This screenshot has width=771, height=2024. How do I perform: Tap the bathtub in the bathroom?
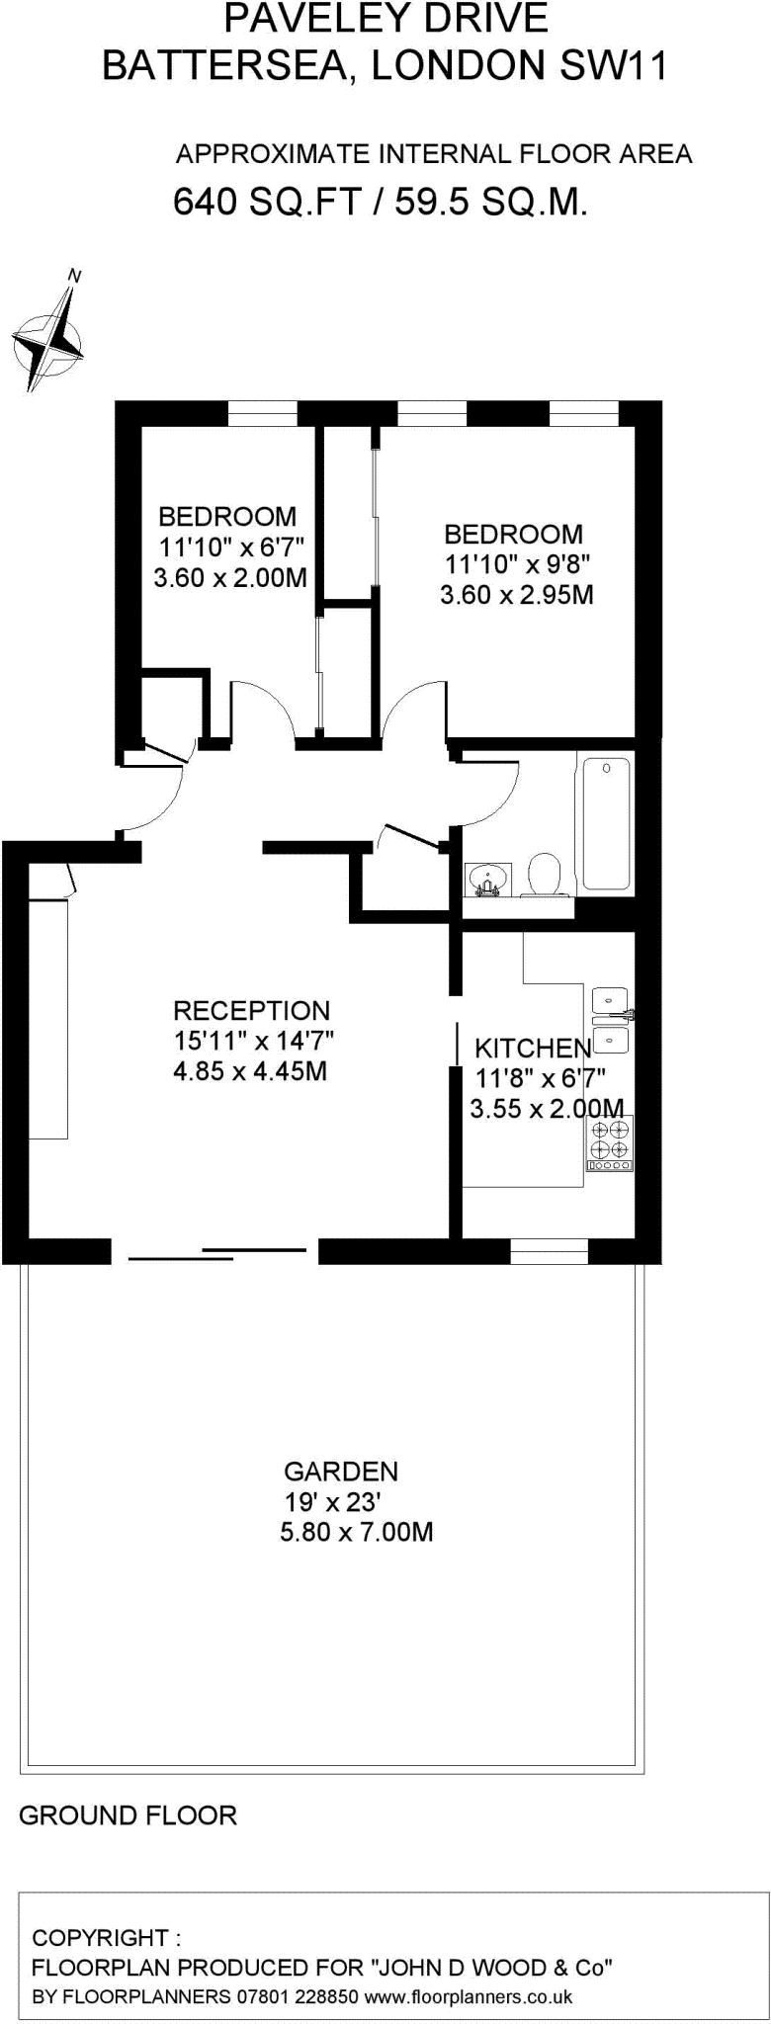coord(606,822)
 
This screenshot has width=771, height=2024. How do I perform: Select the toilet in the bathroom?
coord(544,874)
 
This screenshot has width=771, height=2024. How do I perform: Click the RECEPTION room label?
coord(251,1010)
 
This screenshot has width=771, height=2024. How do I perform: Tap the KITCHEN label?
coord(533,1049)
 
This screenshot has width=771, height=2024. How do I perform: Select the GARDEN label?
coord(340,1472)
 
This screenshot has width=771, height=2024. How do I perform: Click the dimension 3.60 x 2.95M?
coord(516,595)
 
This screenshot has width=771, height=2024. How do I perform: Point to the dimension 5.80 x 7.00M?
coord(357,1533)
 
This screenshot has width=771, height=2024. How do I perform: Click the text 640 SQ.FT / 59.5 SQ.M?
coord(381,203)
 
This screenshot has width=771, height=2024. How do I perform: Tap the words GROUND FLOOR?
coord(128,1815)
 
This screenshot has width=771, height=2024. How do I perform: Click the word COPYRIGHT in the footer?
coord(100,1937)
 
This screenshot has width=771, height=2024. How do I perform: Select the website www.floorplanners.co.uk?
coord(469,1997)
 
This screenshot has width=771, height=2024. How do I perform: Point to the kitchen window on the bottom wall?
coord(549,1251)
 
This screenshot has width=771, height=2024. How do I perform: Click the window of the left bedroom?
coord(262,413)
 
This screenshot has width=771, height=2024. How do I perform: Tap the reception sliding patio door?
coord(217,1253)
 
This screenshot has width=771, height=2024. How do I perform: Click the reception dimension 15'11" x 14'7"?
coord(254,1040)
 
